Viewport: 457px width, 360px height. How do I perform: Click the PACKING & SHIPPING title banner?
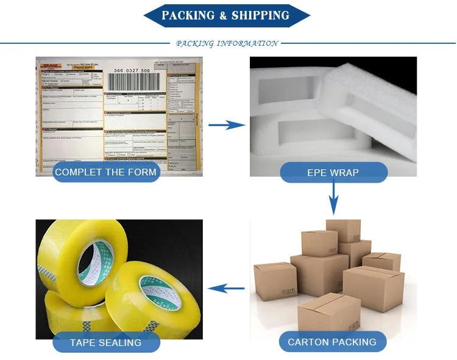click(x=227, y=15)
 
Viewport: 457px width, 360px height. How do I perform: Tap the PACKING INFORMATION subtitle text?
click(x=227, y=44)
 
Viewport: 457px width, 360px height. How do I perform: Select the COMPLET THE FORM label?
click(x=105, y=172)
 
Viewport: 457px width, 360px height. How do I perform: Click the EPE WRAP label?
click(x=333, y=172)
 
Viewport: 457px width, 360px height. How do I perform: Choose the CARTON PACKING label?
click(x=332, y=342)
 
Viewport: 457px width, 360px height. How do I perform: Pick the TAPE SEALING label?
click(x=105, y=342)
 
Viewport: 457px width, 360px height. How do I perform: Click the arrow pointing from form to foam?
click(x=227, y=125)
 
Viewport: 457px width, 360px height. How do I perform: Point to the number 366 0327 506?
click(x=129, y=71)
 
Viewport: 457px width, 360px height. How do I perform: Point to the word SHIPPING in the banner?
click(x=261, y=15)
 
